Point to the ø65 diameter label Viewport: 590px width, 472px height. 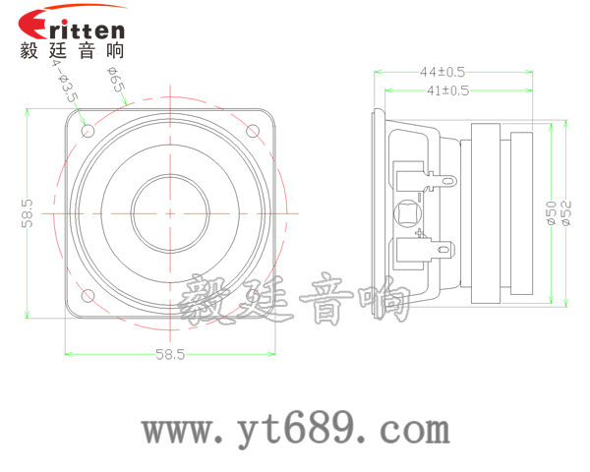pos(116,84)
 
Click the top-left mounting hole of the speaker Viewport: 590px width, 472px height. pos(88,129)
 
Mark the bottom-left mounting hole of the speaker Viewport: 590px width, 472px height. pos(88,295)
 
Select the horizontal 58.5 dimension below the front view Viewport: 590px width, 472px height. pos(169,354)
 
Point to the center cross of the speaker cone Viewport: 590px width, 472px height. pos(169,212)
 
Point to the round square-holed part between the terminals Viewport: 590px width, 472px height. pos(406,212)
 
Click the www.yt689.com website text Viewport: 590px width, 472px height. pos(296,430)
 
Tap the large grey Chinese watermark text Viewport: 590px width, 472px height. pos(296,300)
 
